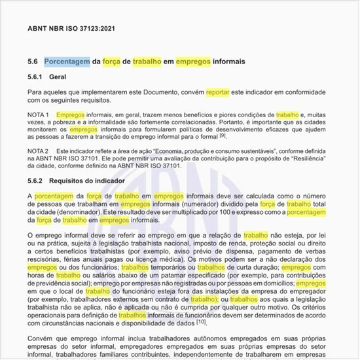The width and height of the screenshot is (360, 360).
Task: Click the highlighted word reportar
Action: (x=218, y=93)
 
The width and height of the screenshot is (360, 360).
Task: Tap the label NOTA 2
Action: (x=39, y=151)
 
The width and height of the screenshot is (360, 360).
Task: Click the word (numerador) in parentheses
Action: (x=215, y=204)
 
